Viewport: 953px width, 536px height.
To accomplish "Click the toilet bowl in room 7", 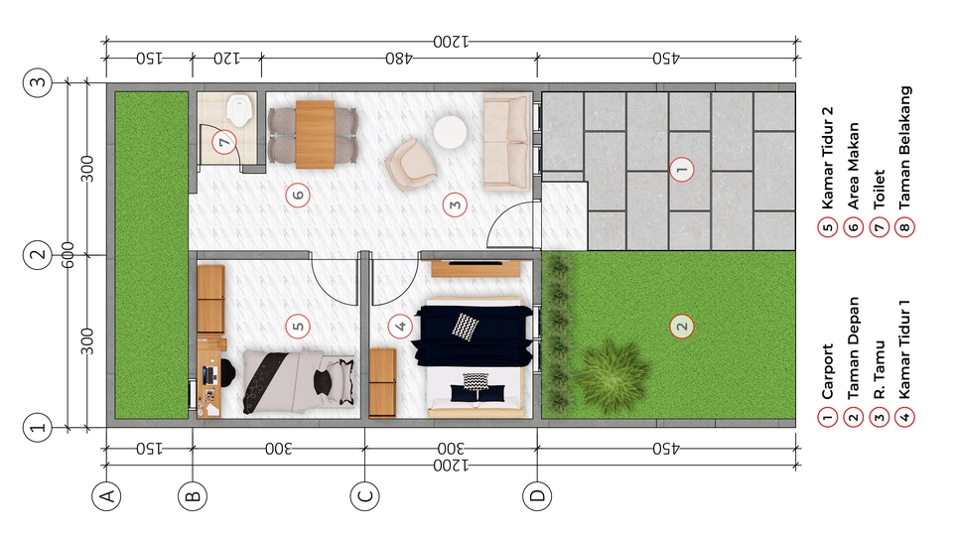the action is click(x=239, y=110).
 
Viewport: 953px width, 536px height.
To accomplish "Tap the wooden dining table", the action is click(x=315, y=134).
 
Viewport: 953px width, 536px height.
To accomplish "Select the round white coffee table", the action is click(x=451, y=132).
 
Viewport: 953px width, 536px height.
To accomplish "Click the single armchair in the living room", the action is click(x=411, y=165).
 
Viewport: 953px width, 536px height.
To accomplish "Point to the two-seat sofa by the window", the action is click(x=507, y=142).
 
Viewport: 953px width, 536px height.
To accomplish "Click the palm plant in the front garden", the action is click(x=611, y=372).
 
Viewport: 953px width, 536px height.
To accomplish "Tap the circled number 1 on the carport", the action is click(x=681, y=169).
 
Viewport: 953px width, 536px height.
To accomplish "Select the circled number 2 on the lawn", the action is click(x=681, y=327).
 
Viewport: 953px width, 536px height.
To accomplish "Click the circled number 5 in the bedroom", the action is click(x=298, y=327).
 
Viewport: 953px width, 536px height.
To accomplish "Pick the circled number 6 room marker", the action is click(x=298, y=196).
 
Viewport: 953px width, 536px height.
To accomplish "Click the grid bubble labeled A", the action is click(x=106, y=496).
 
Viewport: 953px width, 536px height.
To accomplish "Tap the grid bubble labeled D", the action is click(x=537, y=496).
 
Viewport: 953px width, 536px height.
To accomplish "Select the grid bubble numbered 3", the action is click(x=38, y=82).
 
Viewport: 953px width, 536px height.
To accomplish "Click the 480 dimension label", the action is click(x=399, y=59).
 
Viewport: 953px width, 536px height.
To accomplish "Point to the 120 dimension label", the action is click(x=226, y=59).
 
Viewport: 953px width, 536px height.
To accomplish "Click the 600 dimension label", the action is click(x=68, y=255).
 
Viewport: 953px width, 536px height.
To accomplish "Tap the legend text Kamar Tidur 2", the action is click(x=827, y=158).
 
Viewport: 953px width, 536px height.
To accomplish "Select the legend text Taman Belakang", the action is click(x=904, y=148).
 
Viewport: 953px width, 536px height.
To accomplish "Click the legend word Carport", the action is click(x=827, y=372).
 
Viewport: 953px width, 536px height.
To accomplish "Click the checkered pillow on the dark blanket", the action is click(x=465, y=327).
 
